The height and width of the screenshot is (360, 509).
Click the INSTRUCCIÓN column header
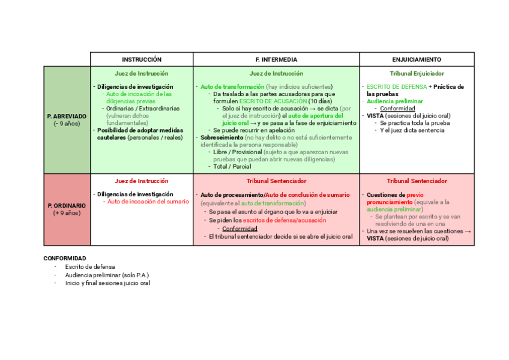[142, 59]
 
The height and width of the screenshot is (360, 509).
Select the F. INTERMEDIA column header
[276, 59]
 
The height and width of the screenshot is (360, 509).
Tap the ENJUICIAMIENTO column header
[417, 59]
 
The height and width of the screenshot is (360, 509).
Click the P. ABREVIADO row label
[67, 116]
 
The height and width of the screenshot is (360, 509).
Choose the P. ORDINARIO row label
[67, 205]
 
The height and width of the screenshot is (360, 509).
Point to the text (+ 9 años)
[67, 213]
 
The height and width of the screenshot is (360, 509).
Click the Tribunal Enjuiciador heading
[417, 73]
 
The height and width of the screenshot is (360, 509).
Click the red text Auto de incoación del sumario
[148, 202]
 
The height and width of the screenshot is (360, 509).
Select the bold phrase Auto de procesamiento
[232, 195]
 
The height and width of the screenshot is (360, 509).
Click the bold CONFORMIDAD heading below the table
[65, 258]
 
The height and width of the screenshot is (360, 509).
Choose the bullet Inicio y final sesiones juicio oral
[107, 283]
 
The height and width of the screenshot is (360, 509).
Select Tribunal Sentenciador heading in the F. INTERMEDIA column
[276, 181]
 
